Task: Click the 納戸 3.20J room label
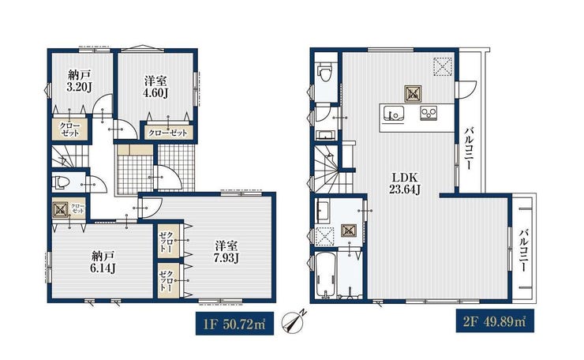80,81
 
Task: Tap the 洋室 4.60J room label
155,87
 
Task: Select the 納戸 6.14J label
103,262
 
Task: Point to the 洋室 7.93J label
226,252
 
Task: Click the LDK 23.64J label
405,184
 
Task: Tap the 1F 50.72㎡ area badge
234,324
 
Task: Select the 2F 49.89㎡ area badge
496,321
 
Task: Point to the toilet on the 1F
61,183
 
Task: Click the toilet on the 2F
325,73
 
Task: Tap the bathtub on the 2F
325,275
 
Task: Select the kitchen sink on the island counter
393,114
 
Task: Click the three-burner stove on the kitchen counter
429,114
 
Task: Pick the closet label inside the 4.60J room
167,133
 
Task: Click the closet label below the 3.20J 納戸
69,129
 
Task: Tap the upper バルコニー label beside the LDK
470,148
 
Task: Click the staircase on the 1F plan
70,156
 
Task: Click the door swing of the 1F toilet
99,184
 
